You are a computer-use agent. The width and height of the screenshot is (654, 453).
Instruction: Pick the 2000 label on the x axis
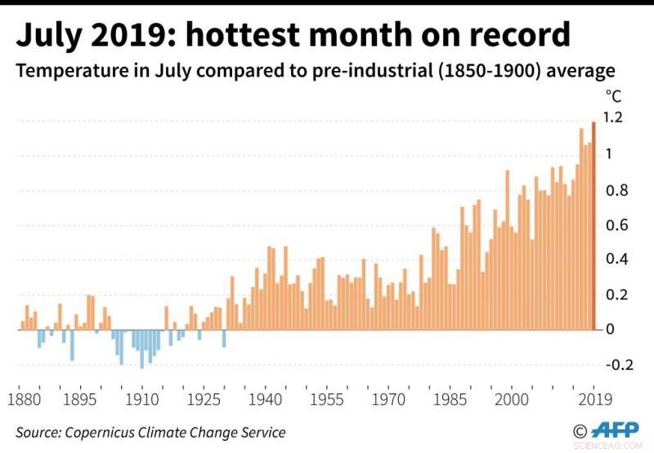coord(510,400)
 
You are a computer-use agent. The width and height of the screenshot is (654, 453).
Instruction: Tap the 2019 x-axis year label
coord(594,400)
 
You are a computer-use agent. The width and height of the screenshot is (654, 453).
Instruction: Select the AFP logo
coord(616,430)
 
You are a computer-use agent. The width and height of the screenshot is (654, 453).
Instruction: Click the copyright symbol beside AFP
coord(580,431)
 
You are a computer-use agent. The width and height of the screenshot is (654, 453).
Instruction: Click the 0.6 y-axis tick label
coord(614,225)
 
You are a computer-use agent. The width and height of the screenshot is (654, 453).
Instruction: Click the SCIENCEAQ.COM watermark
coord(621,446)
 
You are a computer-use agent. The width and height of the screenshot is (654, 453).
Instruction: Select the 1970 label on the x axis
coord(387,400)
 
